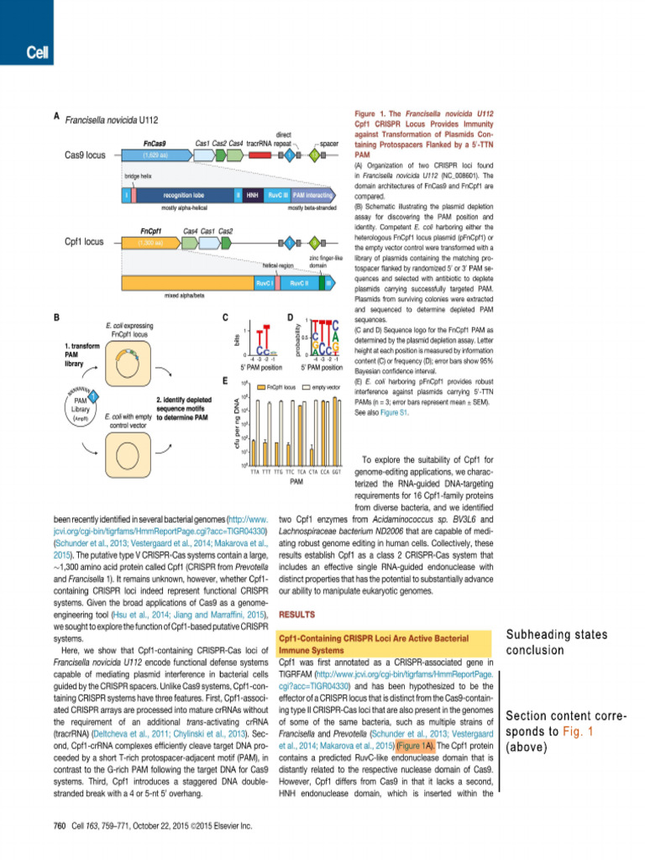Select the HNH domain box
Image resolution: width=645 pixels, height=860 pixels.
252,196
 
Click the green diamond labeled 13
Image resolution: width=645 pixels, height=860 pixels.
315,155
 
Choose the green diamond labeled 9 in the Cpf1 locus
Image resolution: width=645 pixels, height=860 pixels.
315,243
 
